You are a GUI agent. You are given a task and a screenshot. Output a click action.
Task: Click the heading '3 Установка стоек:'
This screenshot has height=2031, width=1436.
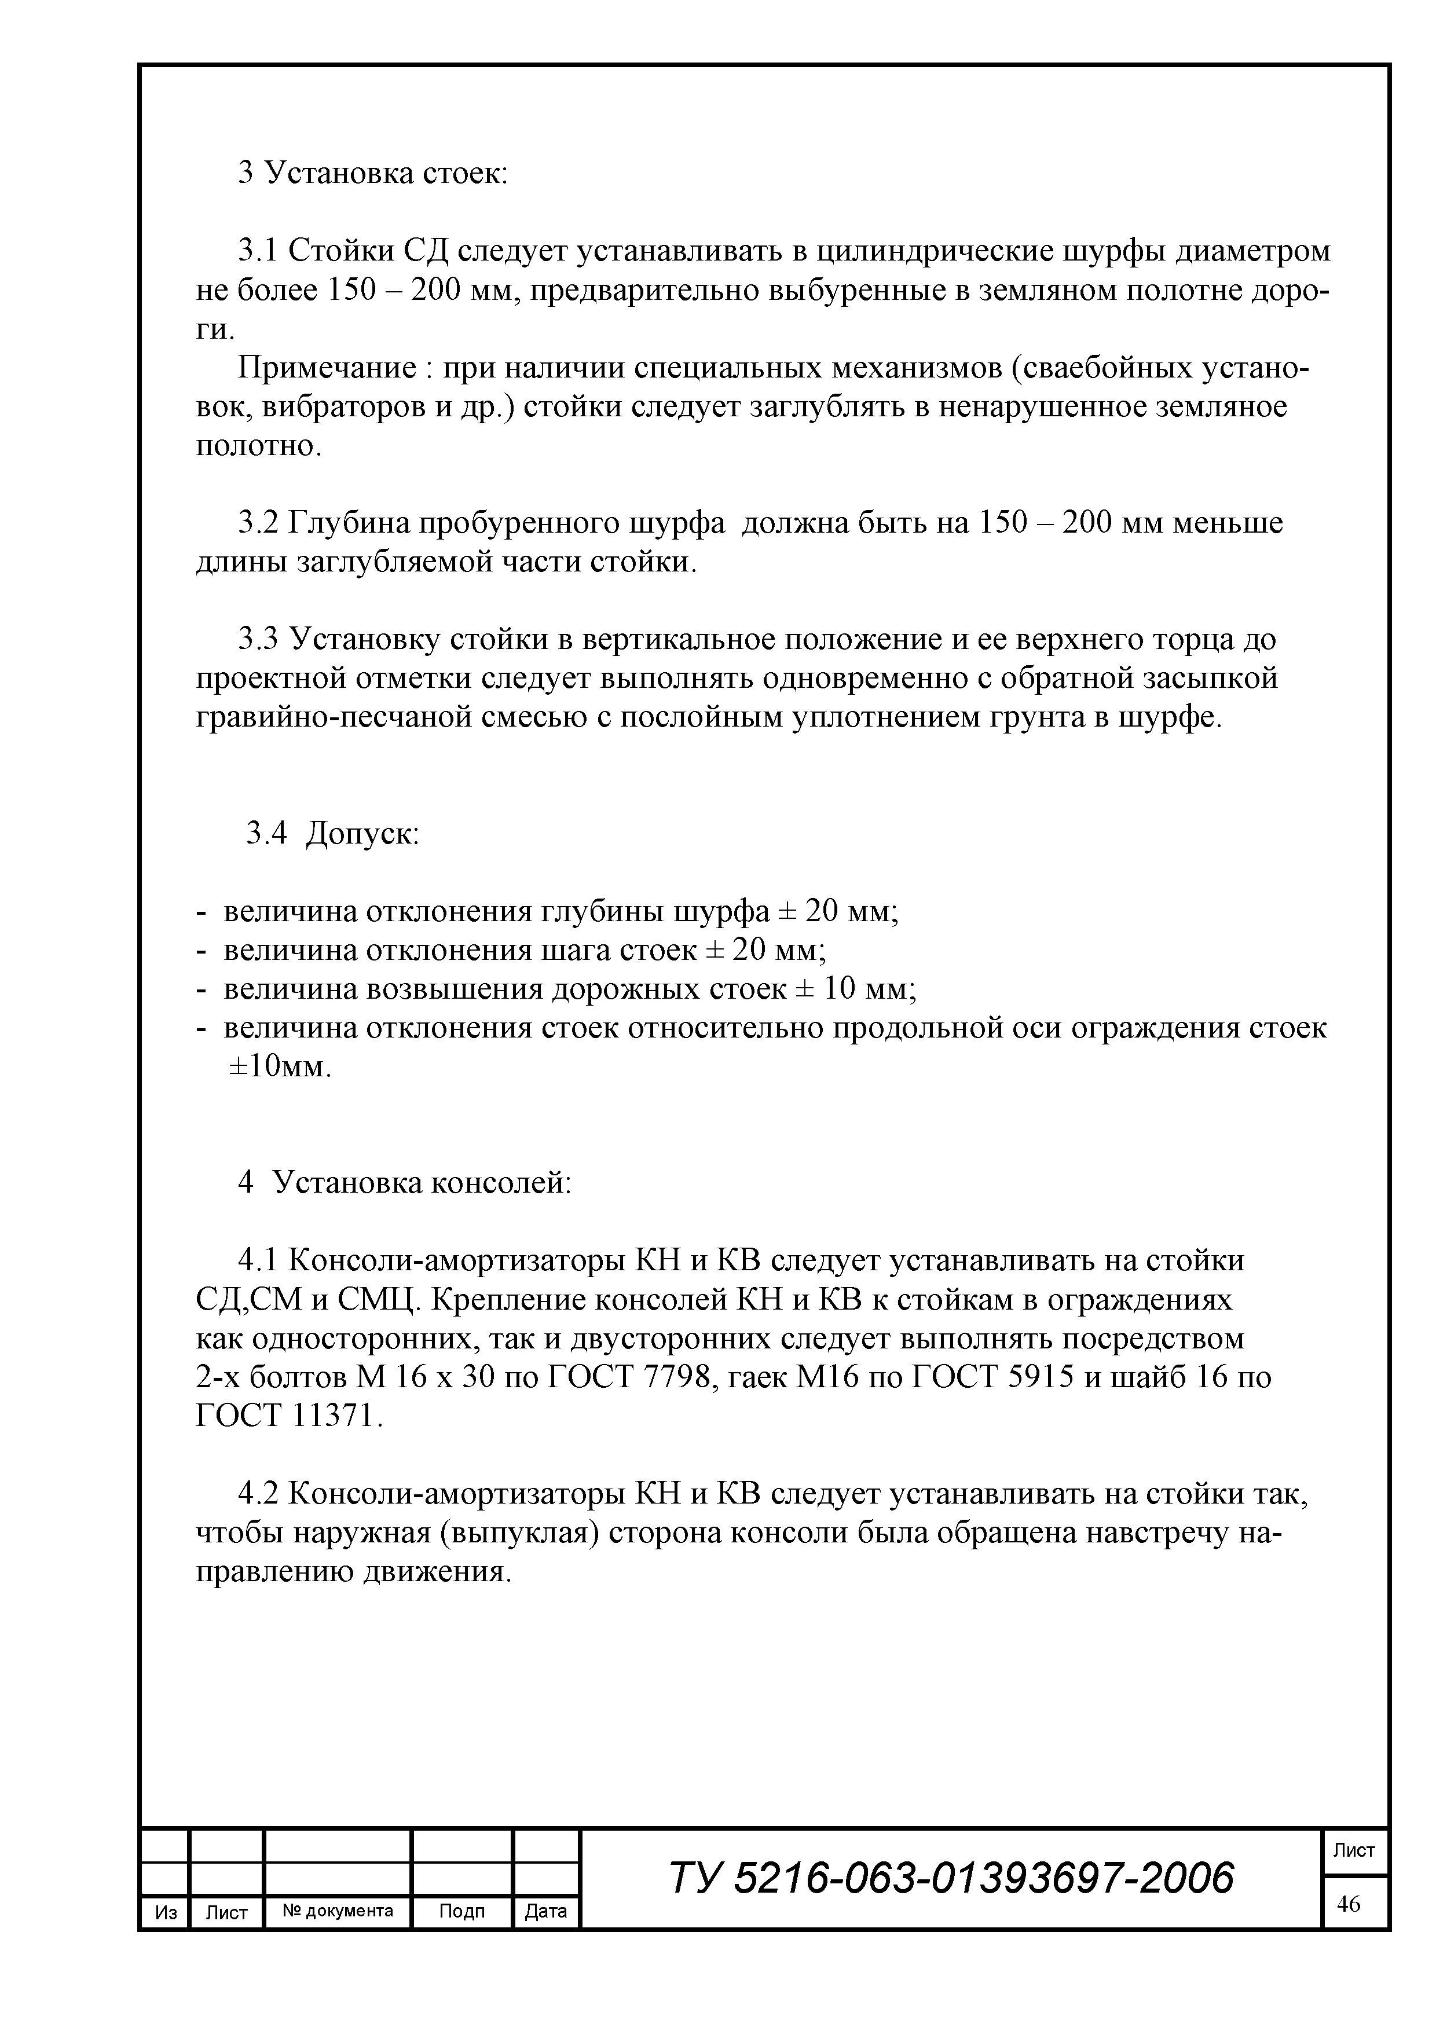pos(372,173)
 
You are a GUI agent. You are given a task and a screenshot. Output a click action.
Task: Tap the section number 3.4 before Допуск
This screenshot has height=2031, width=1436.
pos(266,833)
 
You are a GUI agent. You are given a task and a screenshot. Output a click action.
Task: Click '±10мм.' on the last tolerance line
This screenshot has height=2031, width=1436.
pos(280,1067)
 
